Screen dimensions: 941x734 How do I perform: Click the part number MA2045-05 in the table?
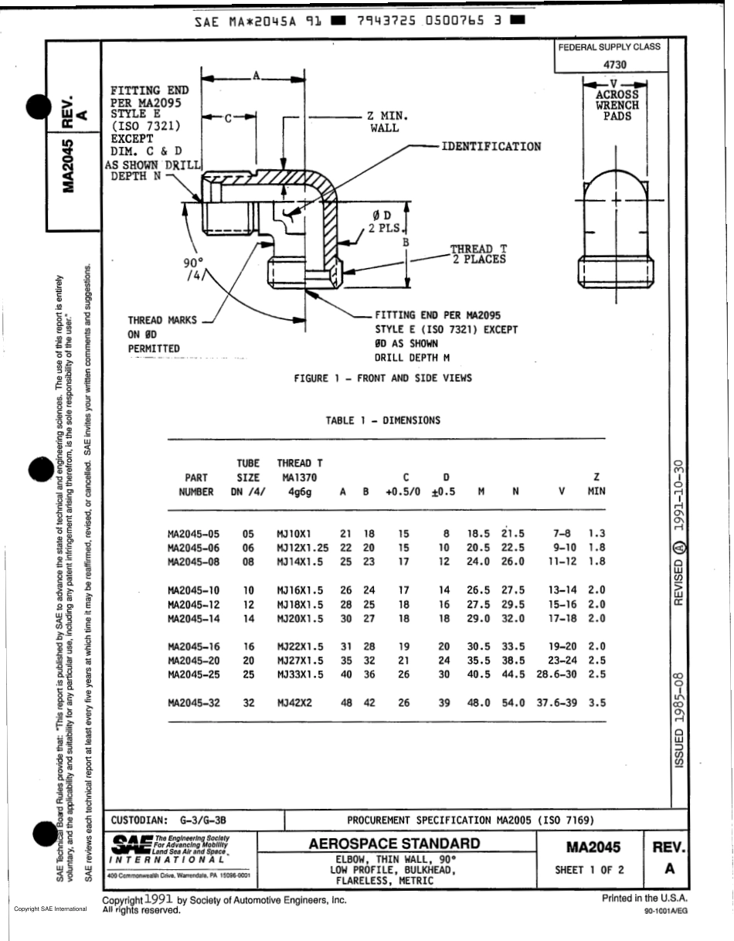click(194, 534)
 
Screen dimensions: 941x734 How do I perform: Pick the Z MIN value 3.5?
click(596, 703)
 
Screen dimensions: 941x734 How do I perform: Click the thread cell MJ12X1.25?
click(303, 548)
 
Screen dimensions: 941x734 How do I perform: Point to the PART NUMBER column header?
click(195, 484)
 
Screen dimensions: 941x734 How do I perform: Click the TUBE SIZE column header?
click(248, 477)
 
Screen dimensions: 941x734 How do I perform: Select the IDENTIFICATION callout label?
click(491, 146)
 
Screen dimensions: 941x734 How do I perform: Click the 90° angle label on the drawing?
click(193, 263)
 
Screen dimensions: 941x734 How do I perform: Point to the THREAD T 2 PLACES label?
click(478, 254)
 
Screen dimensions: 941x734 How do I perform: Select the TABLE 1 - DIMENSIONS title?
click(382, 421)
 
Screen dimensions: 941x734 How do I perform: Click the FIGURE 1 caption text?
click(382, 378)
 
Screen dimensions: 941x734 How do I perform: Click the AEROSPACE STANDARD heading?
click(394, 843)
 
